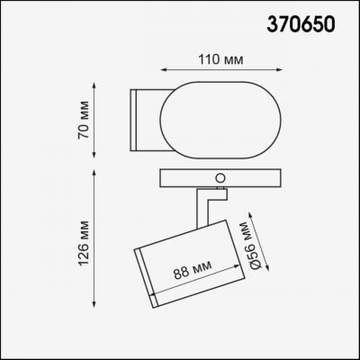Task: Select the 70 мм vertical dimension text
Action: (83, 116)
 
